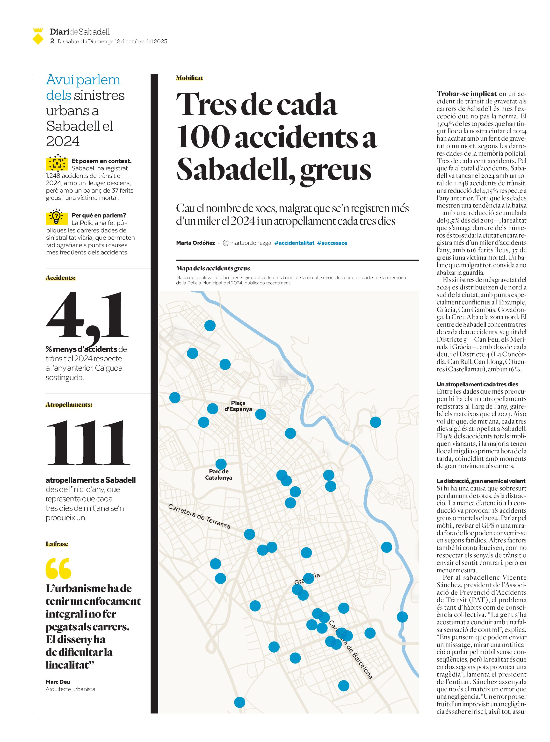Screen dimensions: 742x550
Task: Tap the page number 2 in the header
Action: click(52, 41)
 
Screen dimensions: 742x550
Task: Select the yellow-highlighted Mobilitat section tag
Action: click(189, 78)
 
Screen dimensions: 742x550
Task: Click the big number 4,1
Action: click(87, 316)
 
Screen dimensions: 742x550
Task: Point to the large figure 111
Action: click(88, 442)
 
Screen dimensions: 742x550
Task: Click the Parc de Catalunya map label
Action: click(219, 474)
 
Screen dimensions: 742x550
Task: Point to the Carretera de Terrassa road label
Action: click(199, 516)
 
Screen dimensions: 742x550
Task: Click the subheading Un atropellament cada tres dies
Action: click(478, 384)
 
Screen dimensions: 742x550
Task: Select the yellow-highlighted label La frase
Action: click(57, 544)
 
